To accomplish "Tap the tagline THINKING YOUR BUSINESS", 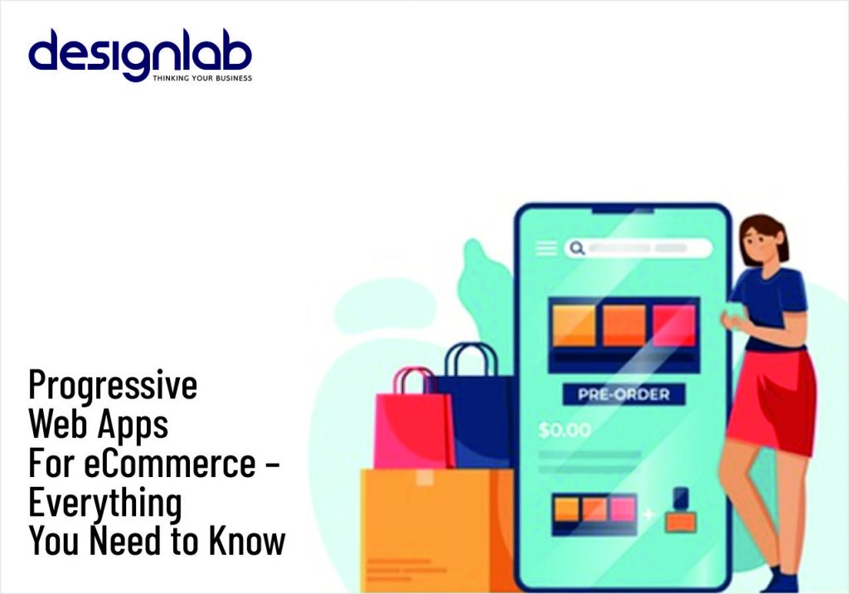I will (x=202, y=78).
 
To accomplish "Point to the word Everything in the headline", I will (x=104, y=504).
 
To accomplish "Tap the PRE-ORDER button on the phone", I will (x=623, y=393).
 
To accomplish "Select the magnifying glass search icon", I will (x=575, y=248).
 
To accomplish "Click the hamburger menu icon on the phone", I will (x=546, y=248).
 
